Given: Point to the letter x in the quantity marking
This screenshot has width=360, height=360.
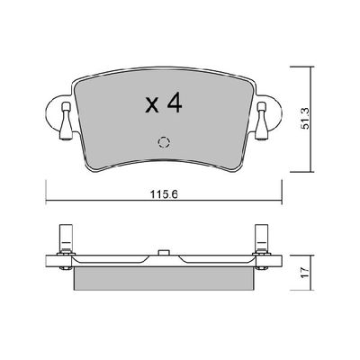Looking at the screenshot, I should click(151, 107).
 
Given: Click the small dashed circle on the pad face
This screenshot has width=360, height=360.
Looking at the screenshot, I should click(163, 141).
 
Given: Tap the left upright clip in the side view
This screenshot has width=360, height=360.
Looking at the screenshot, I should click(65, 239).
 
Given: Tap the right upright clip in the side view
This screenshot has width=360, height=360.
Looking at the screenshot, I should click(262, 239).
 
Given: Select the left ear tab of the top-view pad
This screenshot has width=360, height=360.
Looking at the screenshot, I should click(53, 112).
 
